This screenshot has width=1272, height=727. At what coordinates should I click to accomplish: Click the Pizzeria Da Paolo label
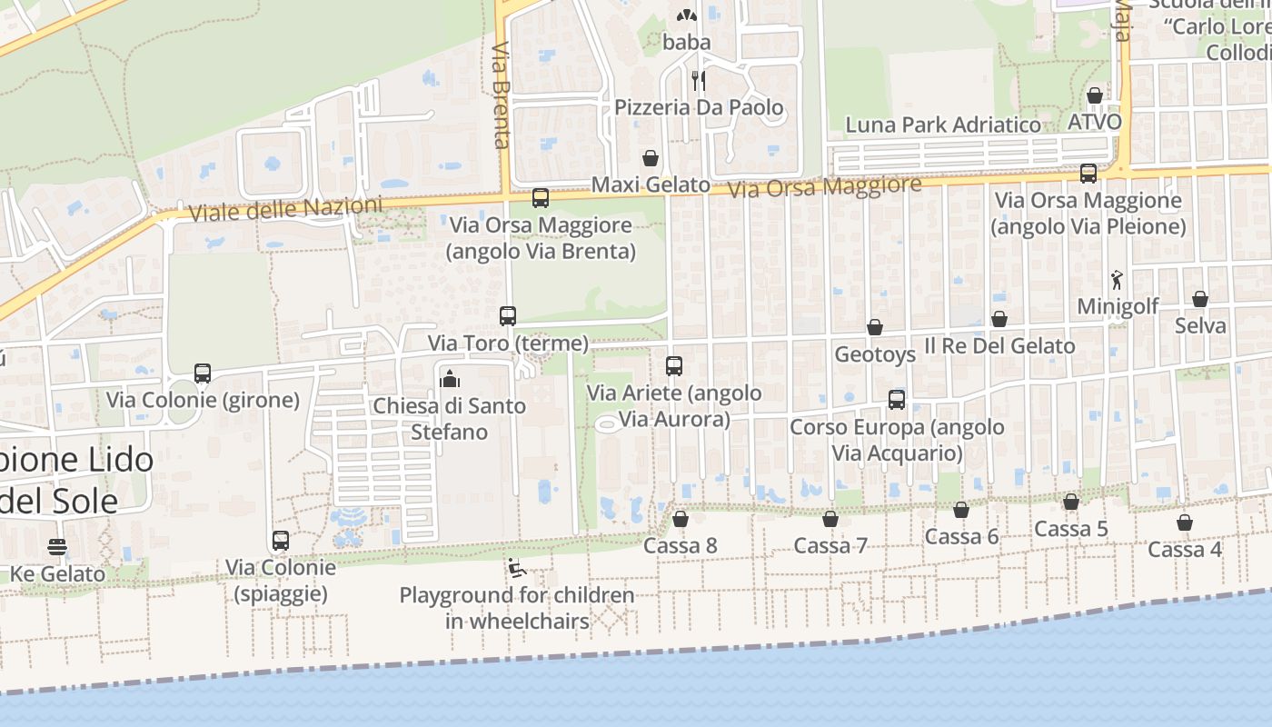pos(699,108)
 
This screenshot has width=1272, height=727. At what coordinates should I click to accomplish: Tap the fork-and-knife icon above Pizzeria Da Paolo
pos(698,80)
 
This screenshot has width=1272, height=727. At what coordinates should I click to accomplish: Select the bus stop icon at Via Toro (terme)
pos(508,316)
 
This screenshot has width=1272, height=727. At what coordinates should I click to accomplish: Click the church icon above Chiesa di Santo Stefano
pos(450,378)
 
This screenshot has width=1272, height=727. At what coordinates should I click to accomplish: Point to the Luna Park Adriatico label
pos(943,124)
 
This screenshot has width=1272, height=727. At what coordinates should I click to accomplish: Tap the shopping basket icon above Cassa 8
pos(681,519)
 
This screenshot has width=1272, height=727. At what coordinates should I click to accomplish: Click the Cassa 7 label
pos(830,545)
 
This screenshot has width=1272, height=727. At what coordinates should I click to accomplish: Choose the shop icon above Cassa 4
pos(1185,523)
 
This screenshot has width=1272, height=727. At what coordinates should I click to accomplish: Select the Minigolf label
pos(1118,306)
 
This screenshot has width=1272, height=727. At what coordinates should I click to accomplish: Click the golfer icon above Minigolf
pos(1118,280)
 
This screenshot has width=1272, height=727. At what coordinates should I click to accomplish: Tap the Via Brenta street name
pos(502,95)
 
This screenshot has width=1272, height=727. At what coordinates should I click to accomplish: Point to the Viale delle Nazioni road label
pos(285,209)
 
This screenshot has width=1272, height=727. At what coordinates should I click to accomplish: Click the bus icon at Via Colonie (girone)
pos(203,373)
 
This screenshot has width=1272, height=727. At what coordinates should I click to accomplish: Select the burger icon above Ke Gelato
pos(57,547)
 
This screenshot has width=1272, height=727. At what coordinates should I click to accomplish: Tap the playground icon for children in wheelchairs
pos(517,569)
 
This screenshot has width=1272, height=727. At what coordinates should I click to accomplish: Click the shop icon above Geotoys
pos(875,327)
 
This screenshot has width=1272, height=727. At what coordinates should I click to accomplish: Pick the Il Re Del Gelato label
pos(999,346)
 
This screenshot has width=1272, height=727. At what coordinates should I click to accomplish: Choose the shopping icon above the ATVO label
pos(1095,95)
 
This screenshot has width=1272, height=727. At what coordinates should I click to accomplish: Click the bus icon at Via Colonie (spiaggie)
pos(281,541)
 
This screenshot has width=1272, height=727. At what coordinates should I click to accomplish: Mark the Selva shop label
pos(1200,325)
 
